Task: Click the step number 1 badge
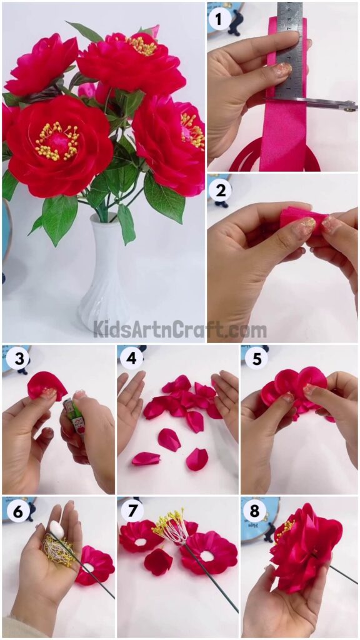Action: tap(219, 20)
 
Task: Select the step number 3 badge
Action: tap(16, 359)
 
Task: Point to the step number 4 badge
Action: tap(131, 359)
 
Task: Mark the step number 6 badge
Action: tap(16, 512)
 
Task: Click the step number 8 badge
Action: tap(254, 512)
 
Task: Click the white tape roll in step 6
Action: tap(57, 529)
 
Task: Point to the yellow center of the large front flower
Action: tap(60, 141)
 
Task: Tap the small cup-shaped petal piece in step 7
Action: tap(158, 561)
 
